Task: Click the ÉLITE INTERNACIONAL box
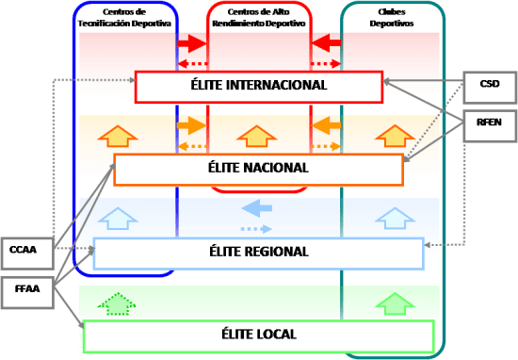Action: pyautogui.click(x=258, y=86)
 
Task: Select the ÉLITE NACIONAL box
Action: pyautogui.click(x=258, y=169)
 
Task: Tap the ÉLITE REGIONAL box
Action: pyautogui.click(x=258, y=253)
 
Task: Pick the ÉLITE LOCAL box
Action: pyautogui.click(x=258, y=335)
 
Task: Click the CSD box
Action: pyautogui.click(x=489, y=84)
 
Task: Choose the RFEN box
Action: pyautogui.click(x=489, y=122)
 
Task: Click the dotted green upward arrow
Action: pyautogui.click(x=116, y=303)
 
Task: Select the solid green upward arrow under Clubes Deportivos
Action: pyautogui.click(x=394, y=303)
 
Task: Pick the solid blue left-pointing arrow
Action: pyautogui.click(x=258, y=208)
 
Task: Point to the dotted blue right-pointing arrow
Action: pyautogui.click(x=258, y=229)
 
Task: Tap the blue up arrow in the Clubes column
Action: pyautogui.click(x=394, y=219)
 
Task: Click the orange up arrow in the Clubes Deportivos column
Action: pyautogui.click(x=394, y=136)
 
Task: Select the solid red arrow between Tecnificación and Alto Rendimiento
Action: pyautogui.click(x=190, y=43)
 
